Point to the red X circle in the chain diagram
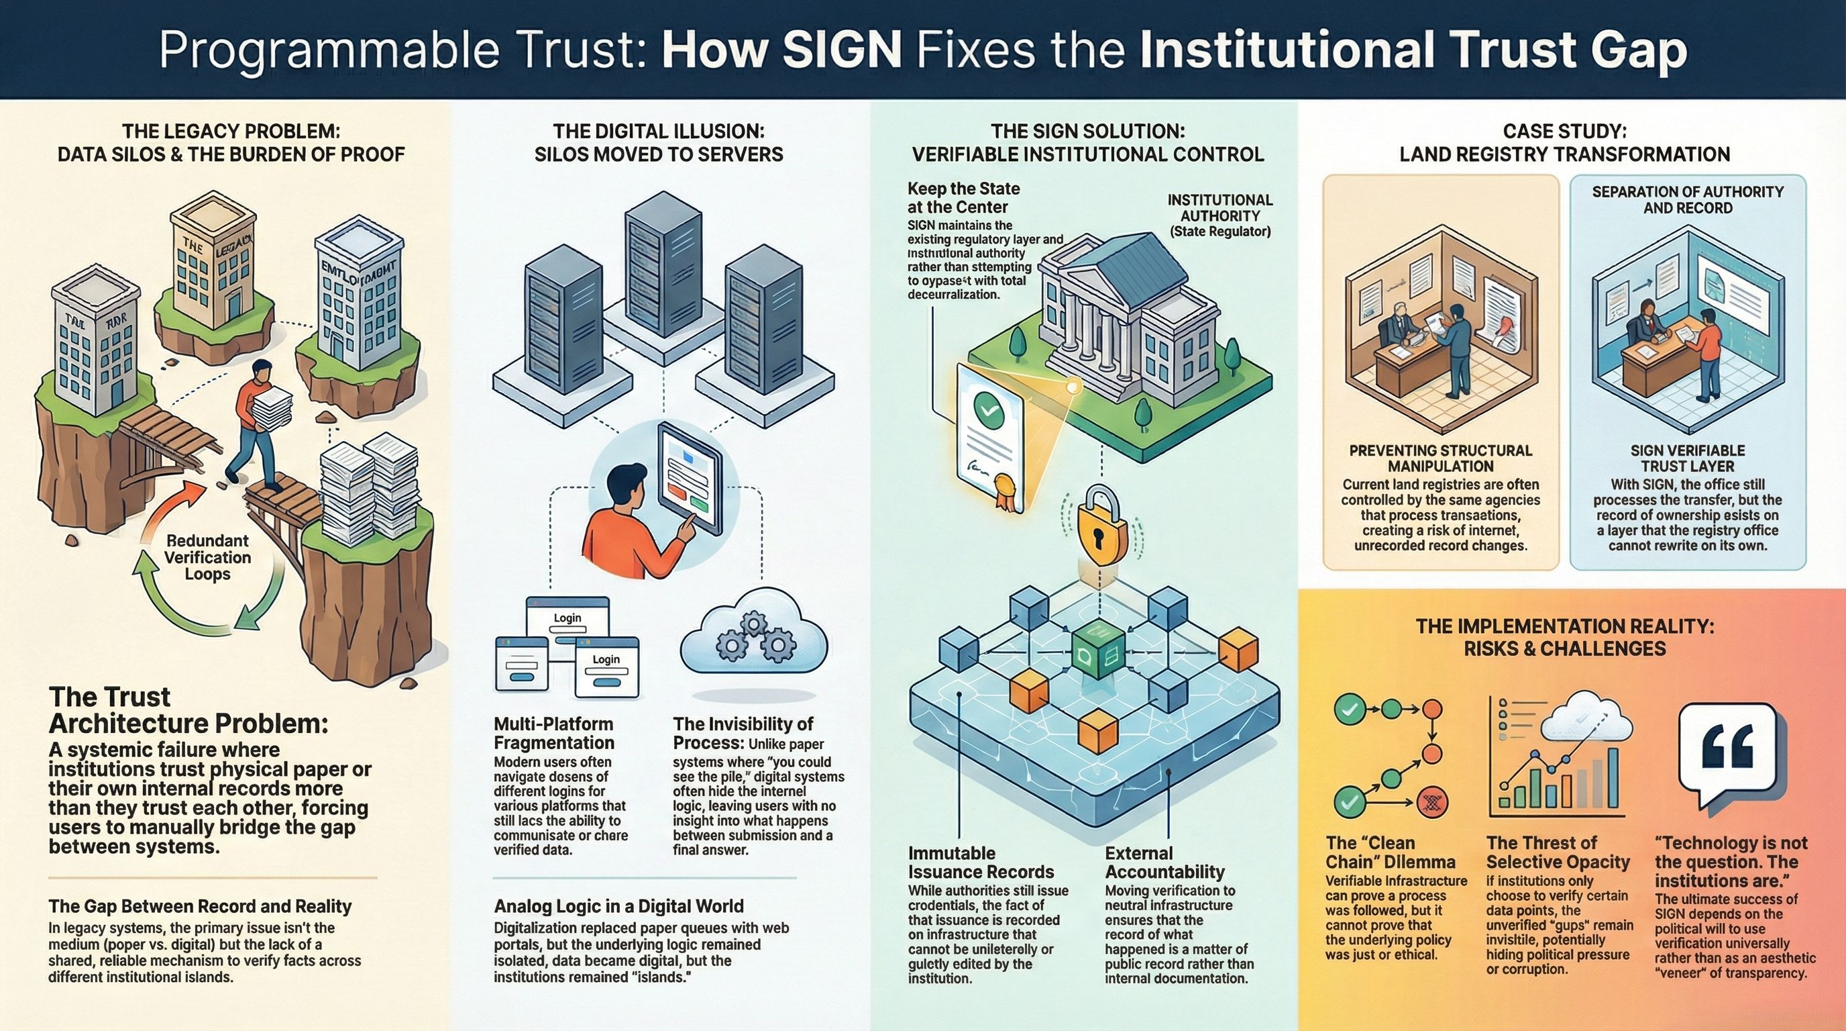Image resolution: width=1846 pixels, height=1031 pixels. [x=1433, y=801]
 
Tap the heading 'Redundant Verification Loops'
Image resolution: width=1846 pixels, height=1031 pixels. [x=207, y=557]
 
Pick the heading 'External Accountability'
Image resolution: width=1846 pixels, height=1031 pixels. [x=1164, y=863]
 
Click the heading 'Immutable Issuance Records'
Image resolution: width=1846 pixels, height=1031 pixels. [x=980, y=863]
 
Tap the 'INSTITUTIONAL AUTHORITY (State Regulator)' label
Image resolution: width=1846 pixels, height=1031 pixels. [x=1219, y=215]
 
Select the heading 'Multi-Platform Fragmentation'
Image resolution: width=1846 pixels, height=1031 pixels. [x=554, y=733]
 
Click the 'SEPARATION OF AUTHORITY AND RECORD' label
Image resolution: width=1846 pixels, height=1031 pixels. [x=1687, y=200]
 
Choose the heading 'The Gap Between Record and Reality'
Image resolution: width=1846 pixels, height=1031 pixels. [x=200, y=906]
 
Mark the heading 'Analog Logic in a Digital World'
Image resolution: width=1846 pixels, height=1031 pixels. [x=618, y=906]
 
